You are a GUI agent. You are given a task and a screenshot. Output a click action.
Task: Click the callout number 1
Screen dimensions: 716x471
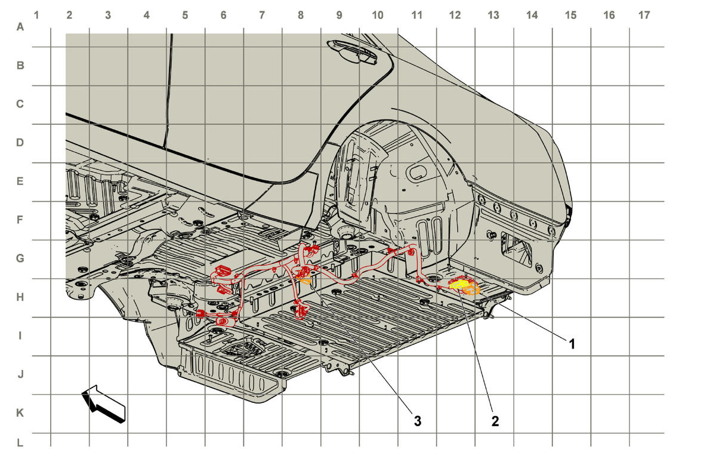coord(572,344)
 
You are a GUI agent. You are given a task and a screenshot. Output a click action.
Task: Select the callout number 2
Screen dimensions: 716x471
coord(495,421)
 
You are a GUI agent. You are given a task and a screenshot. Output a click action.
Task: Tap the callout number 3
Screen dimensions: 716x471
coord(418,421)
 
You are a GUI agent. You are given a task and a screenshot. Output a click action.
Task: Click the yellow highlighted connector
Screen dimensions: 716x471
coord(459,284)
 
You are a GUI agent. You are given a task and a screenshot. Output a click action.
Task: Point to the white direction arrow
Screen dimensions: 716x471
coord(103,404)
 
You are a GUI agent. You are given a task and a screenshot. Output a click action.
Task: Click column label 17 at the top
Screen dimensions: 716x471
coord(644,15)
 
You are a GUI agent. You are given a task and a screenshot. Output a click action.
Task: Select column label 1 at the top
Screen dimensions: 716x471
coord(36,15)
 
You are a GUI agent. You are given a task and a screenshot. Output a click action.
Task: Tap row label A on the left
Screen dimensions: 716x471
coord(20,27)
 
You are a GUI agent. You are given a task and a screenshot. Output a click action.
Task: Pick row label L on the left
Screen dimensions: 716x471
coord(20,442)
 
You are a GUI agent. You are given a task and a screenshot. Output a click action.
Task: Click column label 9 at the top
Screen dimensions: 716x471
coord(339,15)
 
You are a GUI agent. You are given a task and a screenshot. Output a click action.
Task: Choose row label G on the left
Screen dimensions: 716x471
coord(20,258)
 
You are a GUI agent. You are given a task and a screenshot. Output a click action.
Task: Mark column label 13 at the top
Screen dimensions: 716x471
coord(493,15)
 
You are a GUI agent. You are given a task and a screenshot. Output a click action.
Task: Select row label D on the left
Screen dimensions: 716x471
coord(20,142)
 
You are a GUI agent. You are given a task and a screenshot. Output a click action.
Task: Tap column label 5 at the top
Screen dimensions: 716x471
coord(185,15)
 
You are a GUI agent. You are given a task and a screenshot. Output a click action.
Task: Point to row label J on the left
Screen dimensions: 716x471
coord(20,374)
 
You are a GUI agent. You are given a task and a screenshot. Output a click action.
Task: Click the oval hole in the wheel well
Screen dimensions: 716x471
coord(416,173)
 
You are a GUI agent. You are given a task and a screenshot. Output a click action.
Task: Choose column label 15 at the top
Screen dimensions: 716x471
coord(570,15)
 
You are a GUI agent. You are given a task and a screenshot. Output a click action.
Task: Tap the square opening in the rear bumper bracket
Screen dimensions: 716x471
coord(516,248)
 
